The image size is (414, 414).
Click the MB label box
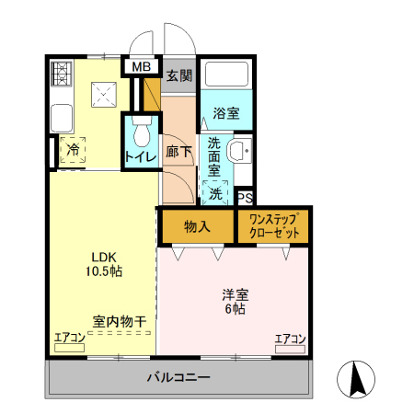pos(141,67)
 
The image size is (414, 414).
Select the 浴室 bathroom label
pos(225,114)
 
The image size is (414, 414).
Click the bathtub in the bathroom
pos(226,76)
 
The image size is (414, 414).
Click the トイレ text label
pos(140,157)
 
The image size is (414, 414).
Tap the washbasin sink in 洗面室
pos(240,152)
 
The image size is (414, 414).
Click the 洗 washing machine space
pos(215,192)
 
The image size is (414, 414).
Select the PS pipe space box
pos(245,197)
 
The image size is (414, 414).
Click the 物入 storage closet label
pos(197,226)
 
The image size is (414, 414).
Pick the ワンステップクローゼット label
pos(273,226)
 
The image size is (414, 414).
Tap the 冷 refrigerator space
pos(72,150)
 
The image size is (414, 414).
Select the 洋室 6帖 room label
pos(235,302)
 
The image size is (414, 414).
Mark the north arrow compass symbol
pos(357,380)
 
